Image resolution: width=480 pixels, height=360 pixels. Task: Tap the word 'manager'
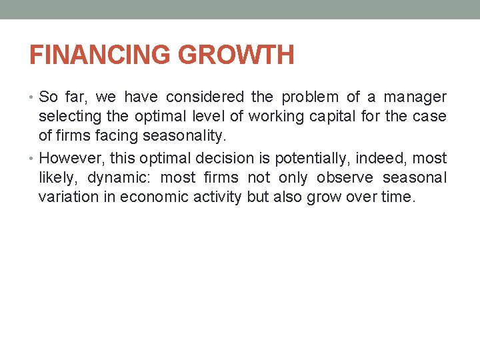[x=414, y=97]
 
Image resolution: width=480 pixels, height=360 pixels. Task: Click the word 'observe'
[x=344, y=178]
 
